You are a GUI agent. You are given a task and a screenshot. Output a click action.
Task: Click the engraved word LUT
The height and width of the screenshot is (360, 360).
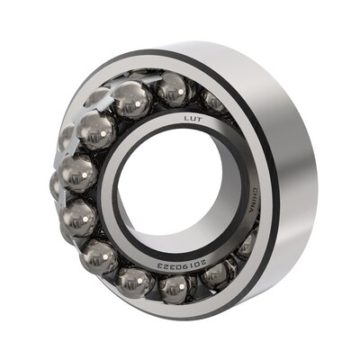(x=193, y=120)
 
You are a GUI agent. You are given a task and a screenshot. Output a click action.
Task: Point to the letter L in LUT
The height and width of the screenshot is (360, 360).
(x=186, y=119)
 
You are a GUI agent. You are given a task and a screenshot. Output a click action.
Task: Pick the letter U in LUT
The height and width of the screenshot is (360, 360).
(x=193, y=119)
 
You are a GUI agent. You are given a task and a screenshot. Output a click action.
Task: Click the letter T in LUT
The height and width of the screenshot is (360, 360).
(x=200, y=120)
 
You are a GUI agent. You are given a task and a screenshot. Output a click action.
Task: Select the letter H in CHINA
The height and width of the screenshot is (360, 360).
(x=255, y=195)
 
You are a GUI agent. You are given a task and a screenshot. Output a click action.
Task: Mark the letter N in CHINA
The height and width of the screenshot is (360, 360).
(x=253, y=204)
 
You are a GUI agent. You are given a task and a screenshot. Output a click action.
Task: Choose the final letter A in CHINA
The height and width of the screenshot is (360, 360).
(x=252, y=210)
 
